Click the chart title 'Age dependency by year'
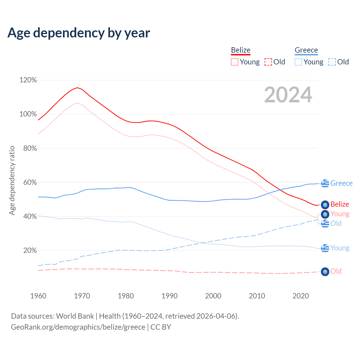(x=79, y=33)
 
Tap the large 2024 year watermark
(x=288, y=95)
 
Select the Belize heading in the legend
(x=240, y=50)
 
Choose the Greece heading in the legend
(x=306, y=50)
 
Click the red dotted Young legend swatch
(x=234, y=62)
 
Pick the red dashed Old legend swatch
(x=268, y=62)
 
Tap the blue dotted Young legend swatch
(x=298, y=62)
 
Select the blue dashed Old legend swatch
(x=332, y=62)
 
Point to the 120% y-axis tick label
(x=28, y=80)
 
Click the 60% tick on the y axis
(x=30, y=183)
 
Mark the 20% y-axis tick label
(x=30, y=251)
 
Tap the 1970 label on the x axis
(x=82, y=296)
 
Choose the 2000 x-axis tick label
(x=213, y=296)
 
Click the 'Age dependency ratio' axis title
(x=12, y=180)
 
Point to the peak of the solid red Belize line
(x=77, y=87)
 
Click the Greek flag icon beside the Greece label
(x=325, y=183)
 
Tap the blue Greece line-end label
(x=341, y=183)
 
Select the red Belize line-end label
(x=340, y=204)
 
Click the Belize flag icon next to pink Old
(x=325, y=272)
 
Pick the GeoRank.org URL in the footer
(x=78, y=327)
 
